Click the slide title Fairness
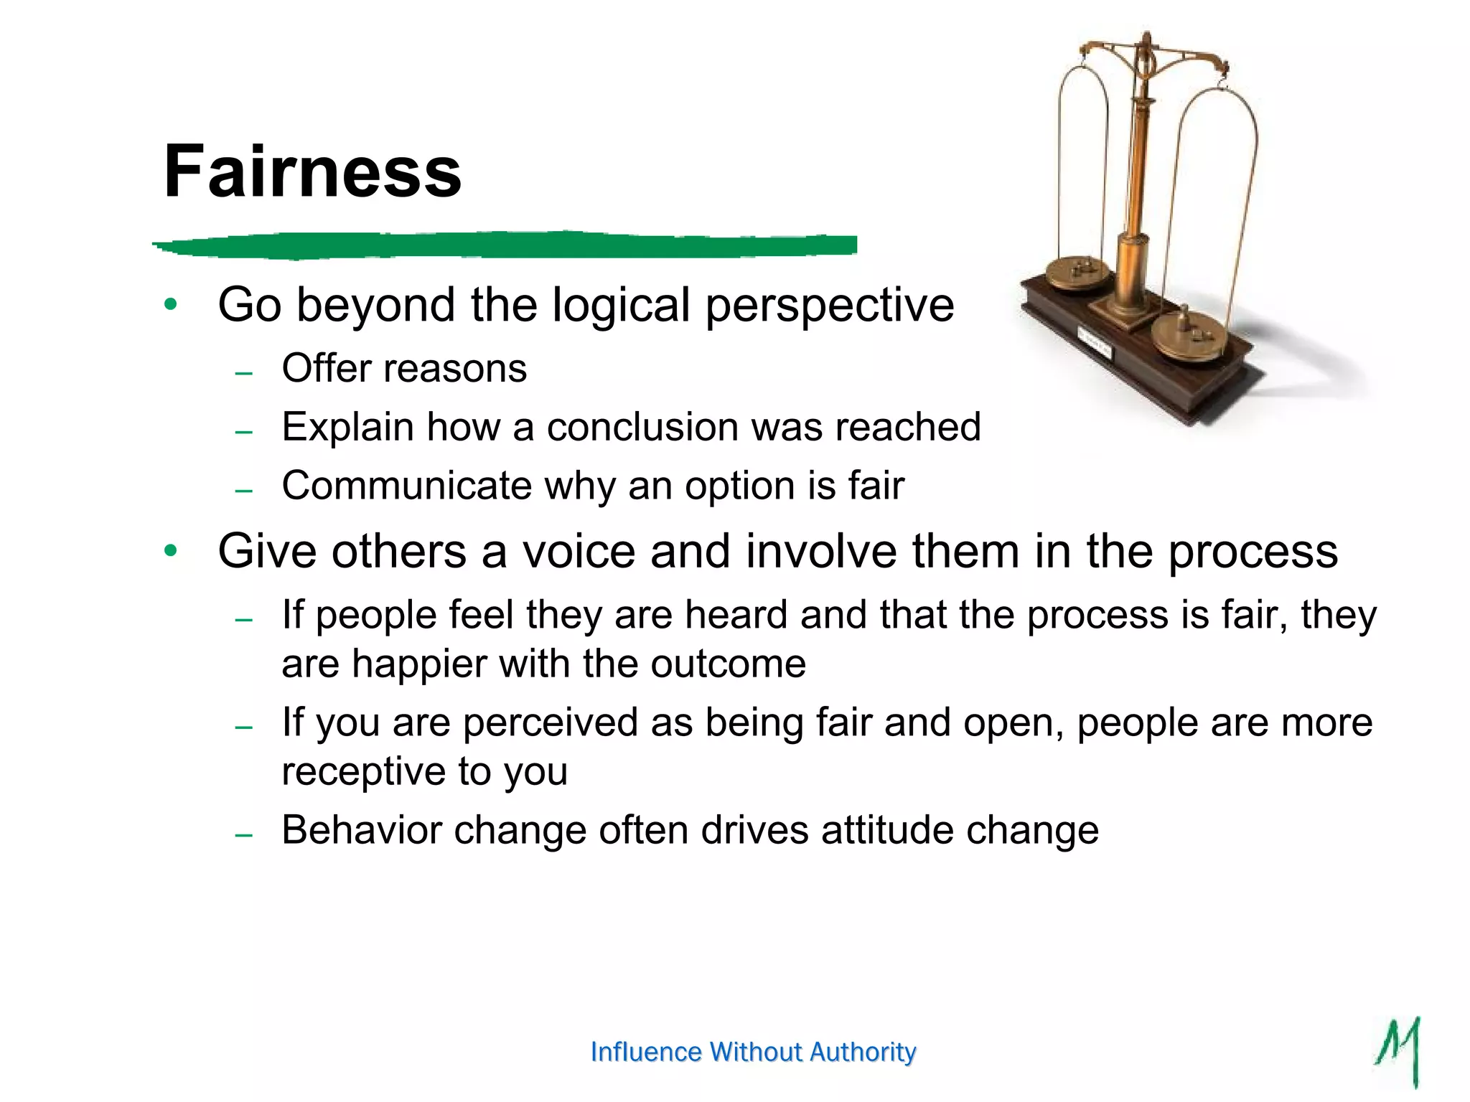point(312,172)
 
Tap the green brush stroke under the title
point(502,245)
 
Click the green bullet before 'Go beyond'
point(170,304)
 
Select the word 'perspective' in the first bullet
point(830,306)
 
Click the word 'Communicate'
point(406,486)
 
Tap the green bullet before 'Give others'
point(170,551)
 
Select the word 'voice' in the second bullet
point(579,552)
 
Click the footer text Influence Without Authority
point(753,1052)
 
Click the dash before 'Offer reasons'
point(244,373)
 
